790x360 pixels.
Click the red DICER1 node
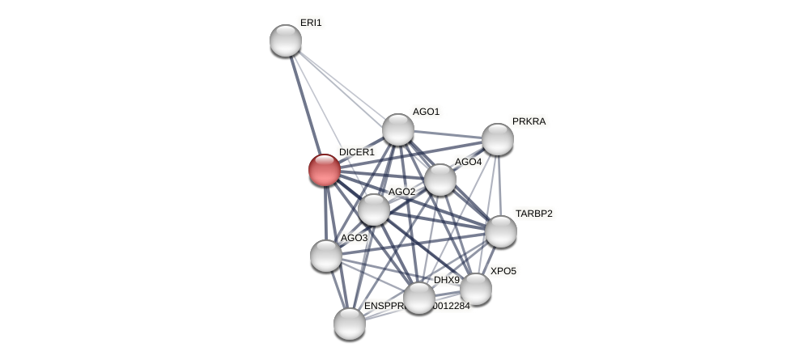(x=325, y=170)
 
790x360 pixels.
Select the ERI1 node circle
(x=286, y=40)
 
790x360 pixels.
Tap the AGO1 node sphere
(x=398, y=129)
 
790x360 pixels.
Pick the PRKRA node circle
(x=498, y=139)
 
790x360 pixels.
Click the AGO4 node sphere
(x=440, y=180)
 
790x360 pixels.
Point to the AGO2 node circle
(x=374, y=210)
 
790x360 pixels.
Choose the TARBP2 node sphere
(x=501, y=231)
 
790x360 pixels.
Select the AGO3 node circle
(x=326, y=256)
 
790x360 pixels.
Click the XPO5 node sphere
(x=475, y=289)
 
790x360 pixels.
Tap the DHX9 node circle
(x=419, y=298)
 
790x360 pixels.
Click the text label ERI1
(x=311, y=23)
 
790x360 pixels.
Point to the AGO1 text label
(x=426, y=112)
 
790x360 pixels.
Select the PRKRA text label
(x=529, y=121)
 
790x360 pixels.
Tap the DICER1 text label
(x=357, y=152)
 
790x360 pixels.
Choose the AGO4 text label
(x=468, y=162)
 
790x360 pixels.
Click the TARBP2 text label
(x=534, y=214)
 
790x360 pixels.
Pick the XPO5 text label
(x=503, y=271)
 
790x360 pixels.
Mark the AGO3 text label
(x=354, y=238)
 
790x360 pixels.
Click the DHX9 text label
(x=447, y=280)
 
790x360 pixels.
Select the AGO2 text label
(x=401, y=192)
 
